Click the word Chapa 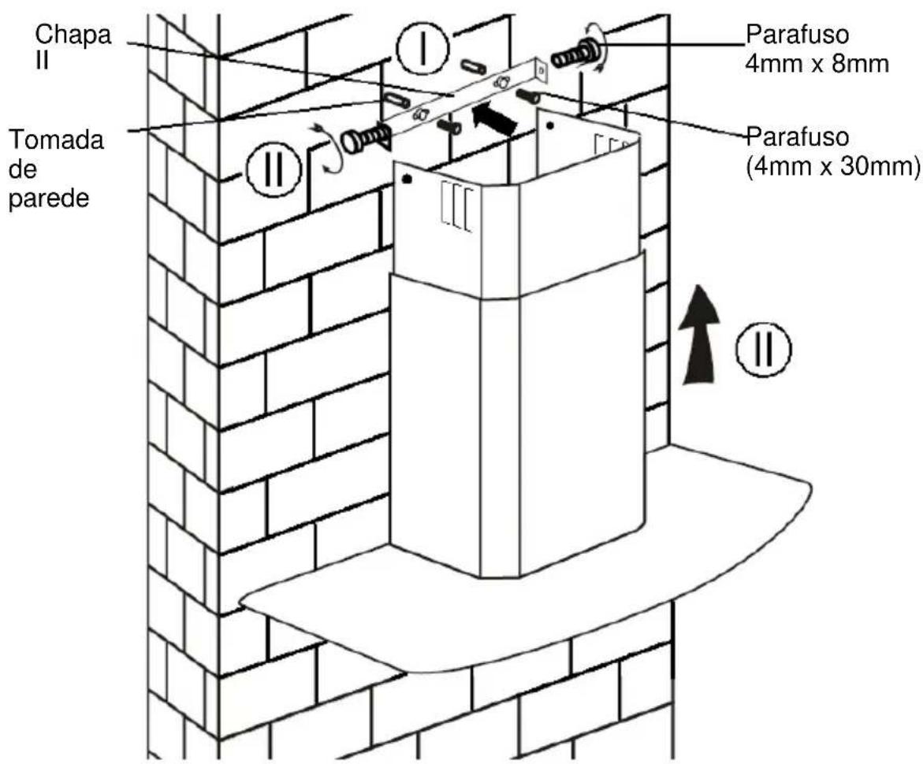pos(73,35)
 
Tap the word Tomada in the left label pos(57,140)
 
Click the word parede pos(50,198)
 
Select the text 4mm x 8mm pos(817,64)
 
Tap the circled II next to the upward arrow pos(764,349)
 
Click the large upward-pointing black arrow pos(698,336)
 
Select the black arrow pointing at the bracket pos(495,117)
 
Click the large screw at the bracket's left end pos(365,139)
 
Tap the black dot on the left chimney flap pos(406,179)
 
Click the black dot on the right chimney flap pos(550,125)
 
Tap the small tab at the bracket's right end pos(541,69)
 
